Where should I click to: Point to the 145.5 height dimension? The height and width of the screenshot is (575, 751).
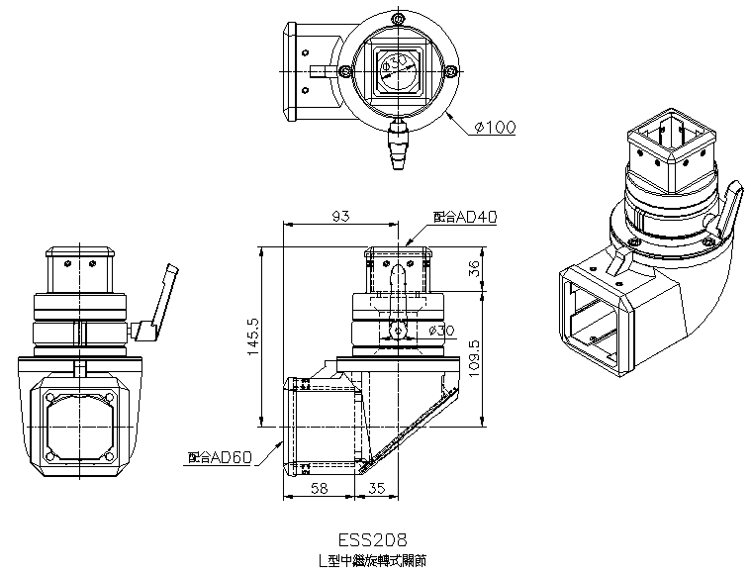(253, 337)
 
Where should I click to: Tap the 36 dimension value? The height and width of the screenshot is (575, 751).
(474, 268)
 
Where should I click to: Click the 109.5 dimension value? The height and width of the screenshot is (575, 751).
(474, 357)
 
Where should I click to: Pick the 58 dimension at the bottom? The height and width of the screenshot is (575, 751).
(320, 488)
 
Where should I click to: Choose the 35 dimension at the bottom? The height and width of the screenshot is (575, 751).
(376, 488)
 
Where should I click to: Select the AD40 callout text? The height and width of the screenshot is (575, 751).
(464, 215)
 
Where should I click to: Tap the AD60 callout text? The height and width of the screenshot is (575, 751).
(220, 457)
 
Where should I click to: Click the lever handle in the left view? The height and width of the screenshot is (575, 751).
(160, 301)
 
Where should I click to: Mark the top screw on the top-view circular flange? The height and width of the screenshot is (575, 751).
(397, 20)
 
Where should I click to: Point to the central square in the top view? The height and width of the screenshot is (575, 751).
(398, 70)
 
